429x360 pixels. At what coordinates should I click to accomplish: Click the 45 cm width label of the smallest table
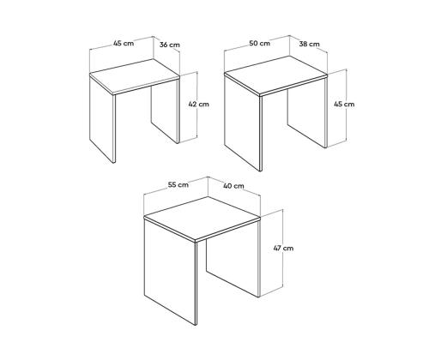124,44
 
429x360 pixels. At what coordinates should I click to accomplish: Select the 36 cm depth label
170,45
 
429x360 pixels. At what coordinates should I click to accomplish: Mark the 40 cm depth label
233,185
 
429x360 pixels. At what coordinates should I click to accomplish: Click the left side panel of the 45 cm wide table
101,120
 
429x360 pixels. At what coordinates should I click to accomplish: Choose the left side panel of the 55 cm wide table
170,274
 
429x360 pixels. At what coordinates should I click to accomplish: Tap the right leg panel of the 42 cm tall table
166,116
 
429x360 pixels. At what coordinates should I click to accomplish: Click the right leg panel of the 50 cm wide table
307,116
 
